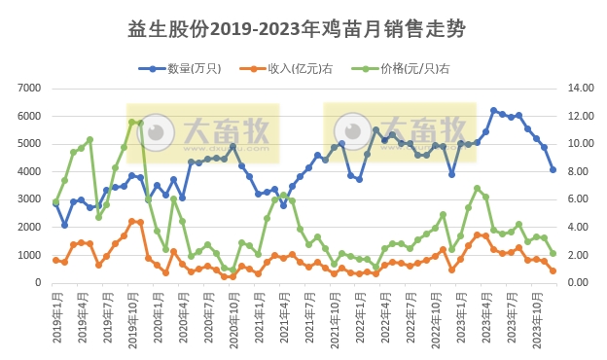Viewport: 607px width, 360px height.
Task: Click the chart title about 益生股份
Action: (303, 30)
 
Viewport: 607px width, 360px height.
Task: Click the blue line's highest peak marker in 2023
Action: (494, 111)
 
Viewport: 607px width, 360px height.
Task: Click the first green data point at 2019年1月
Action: (55, 201)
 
